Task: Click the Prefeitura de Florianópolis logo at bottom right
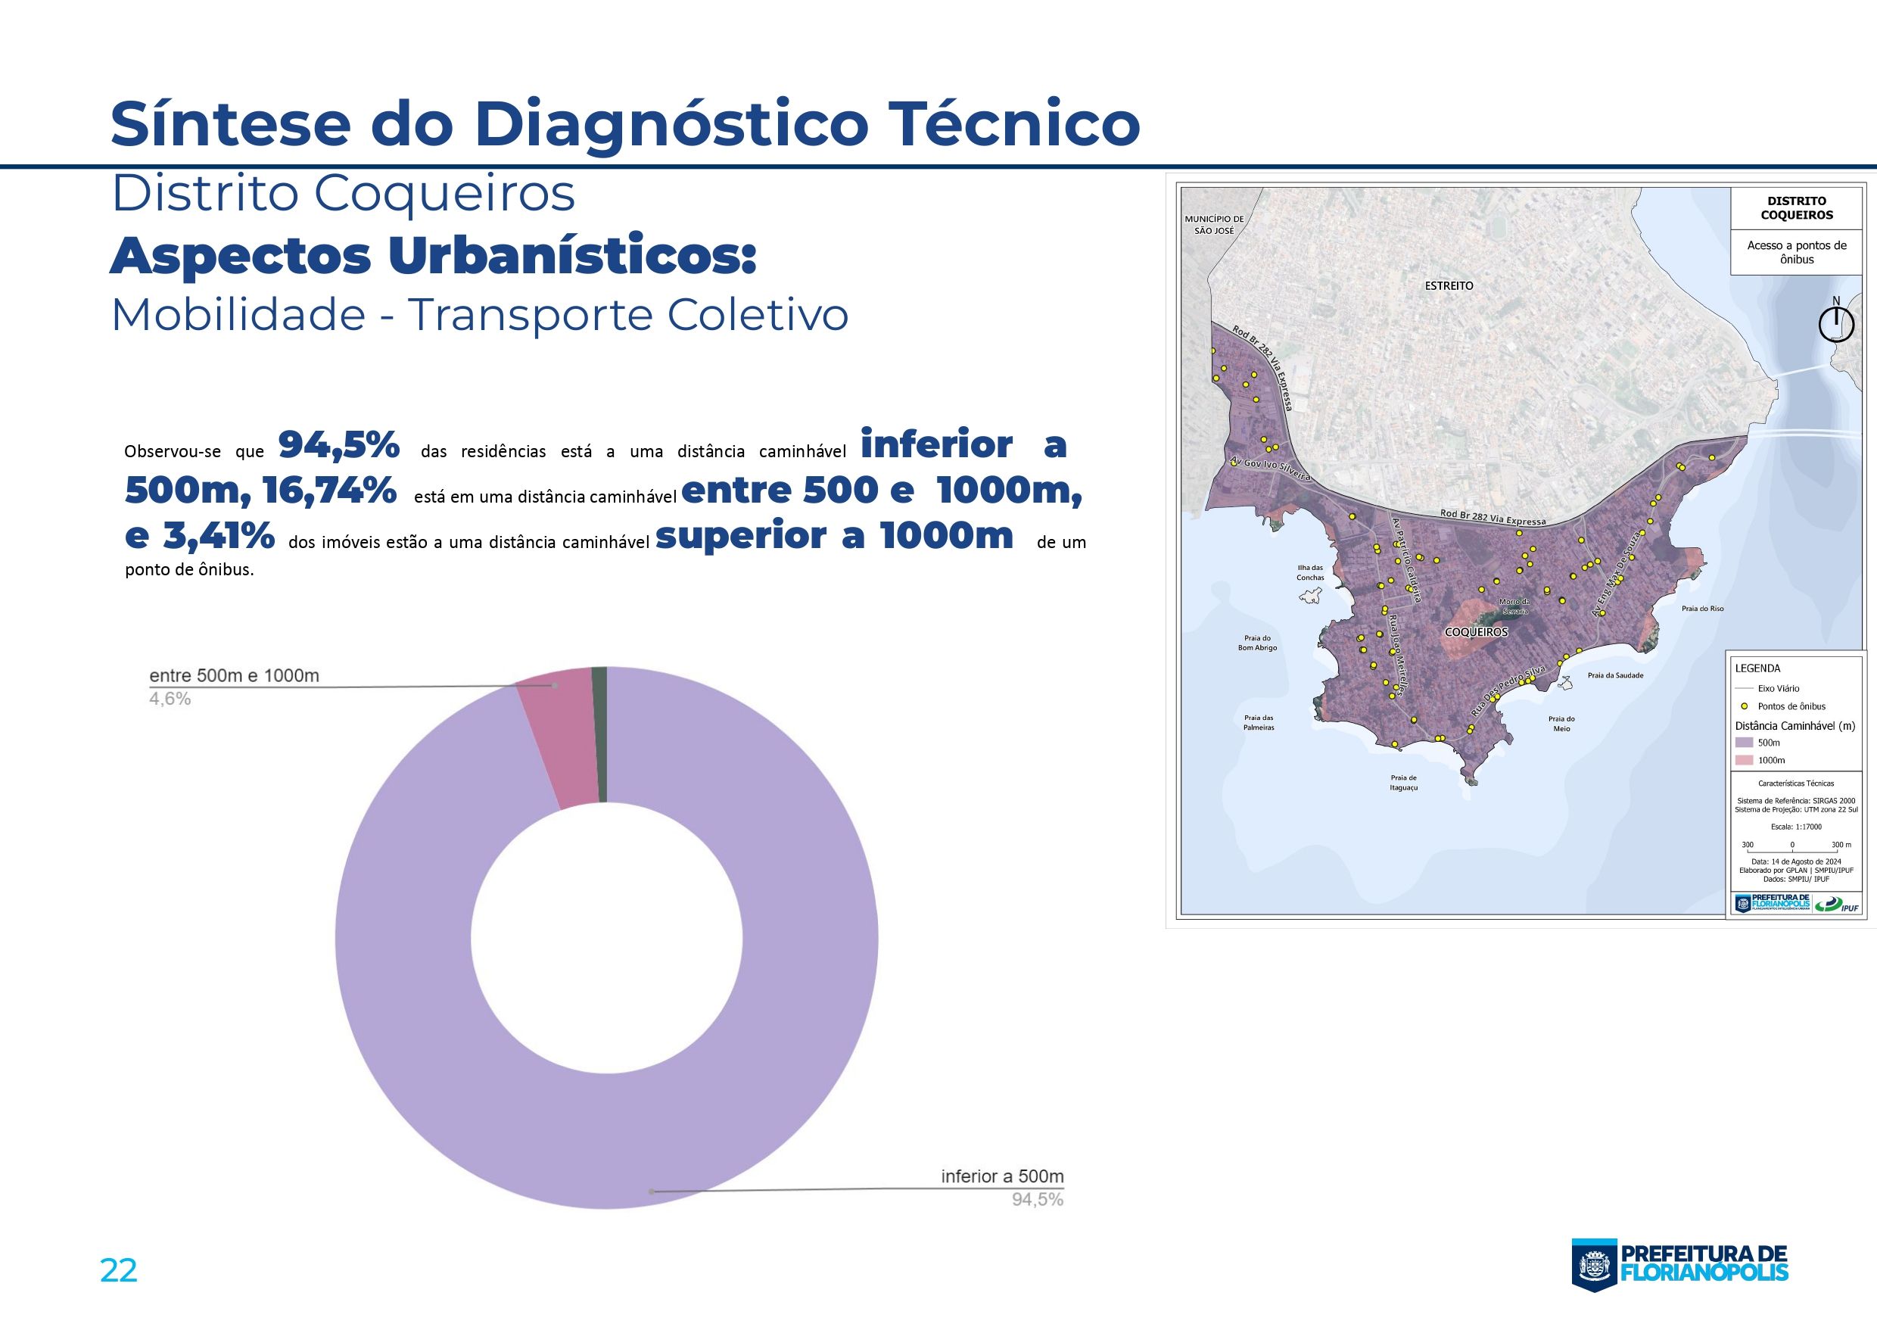point(1680,1264)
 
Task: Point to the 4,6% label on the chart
point(170,699)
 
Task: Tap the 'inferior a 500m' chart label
point(1001,1176)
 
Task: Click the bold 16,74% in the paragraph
point(329,491)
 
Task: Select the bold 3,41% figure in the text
point(218,537)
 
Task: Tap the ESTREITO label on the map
point(1449,286)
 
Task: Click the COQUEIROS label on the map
point(1476,632)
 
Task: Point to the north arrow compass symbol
point(1835,326)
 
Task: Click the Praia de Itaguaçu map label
point(1403,783)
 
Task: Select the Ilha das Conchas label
point(1309,572)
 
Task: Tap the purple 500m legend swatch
point(1745,743)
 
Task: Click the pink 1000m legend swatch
point(1745,760)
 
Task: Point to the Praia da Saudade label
point(1614,675)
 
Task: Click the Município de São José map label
point(1214,225)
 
